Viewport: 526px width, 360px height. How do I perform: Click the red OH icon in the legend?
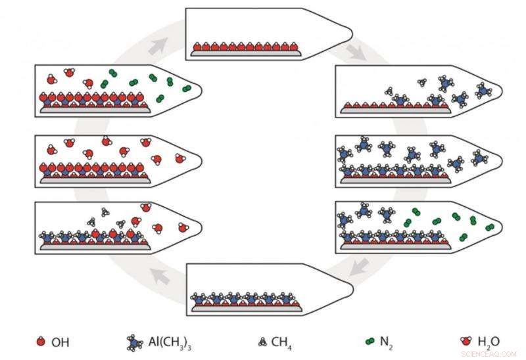coord(41,341)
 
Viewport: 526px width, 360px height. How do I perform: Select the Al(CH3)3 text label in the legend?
coord(170,342)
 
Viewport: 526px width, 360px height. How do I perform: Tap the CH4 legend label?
coord(282,342)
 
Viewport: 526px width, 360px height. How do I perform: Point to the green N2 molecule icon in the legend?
coord(370,341)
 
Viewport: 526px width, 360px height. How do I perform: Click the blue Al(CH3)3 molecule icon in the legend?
coord(134,342)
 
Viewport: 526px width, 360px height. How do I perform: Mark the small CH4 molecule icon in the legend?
coord(262,341)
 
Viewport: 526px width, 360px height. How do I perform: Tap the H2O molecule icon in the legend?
coord(466,341)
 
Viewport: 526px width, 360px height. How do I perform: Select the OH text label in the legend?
coord(60,342)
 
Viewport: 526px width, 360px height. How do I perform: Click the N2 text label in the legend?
coord(389,342)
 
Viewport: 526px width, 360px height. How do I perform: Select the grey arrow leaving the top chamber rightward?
coord(357,52)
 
